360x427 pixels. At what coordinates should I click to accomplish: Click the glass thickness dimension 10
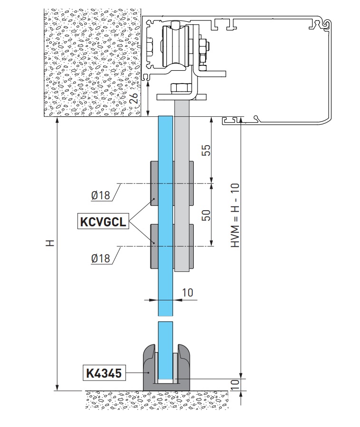(x=188, y=293)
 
